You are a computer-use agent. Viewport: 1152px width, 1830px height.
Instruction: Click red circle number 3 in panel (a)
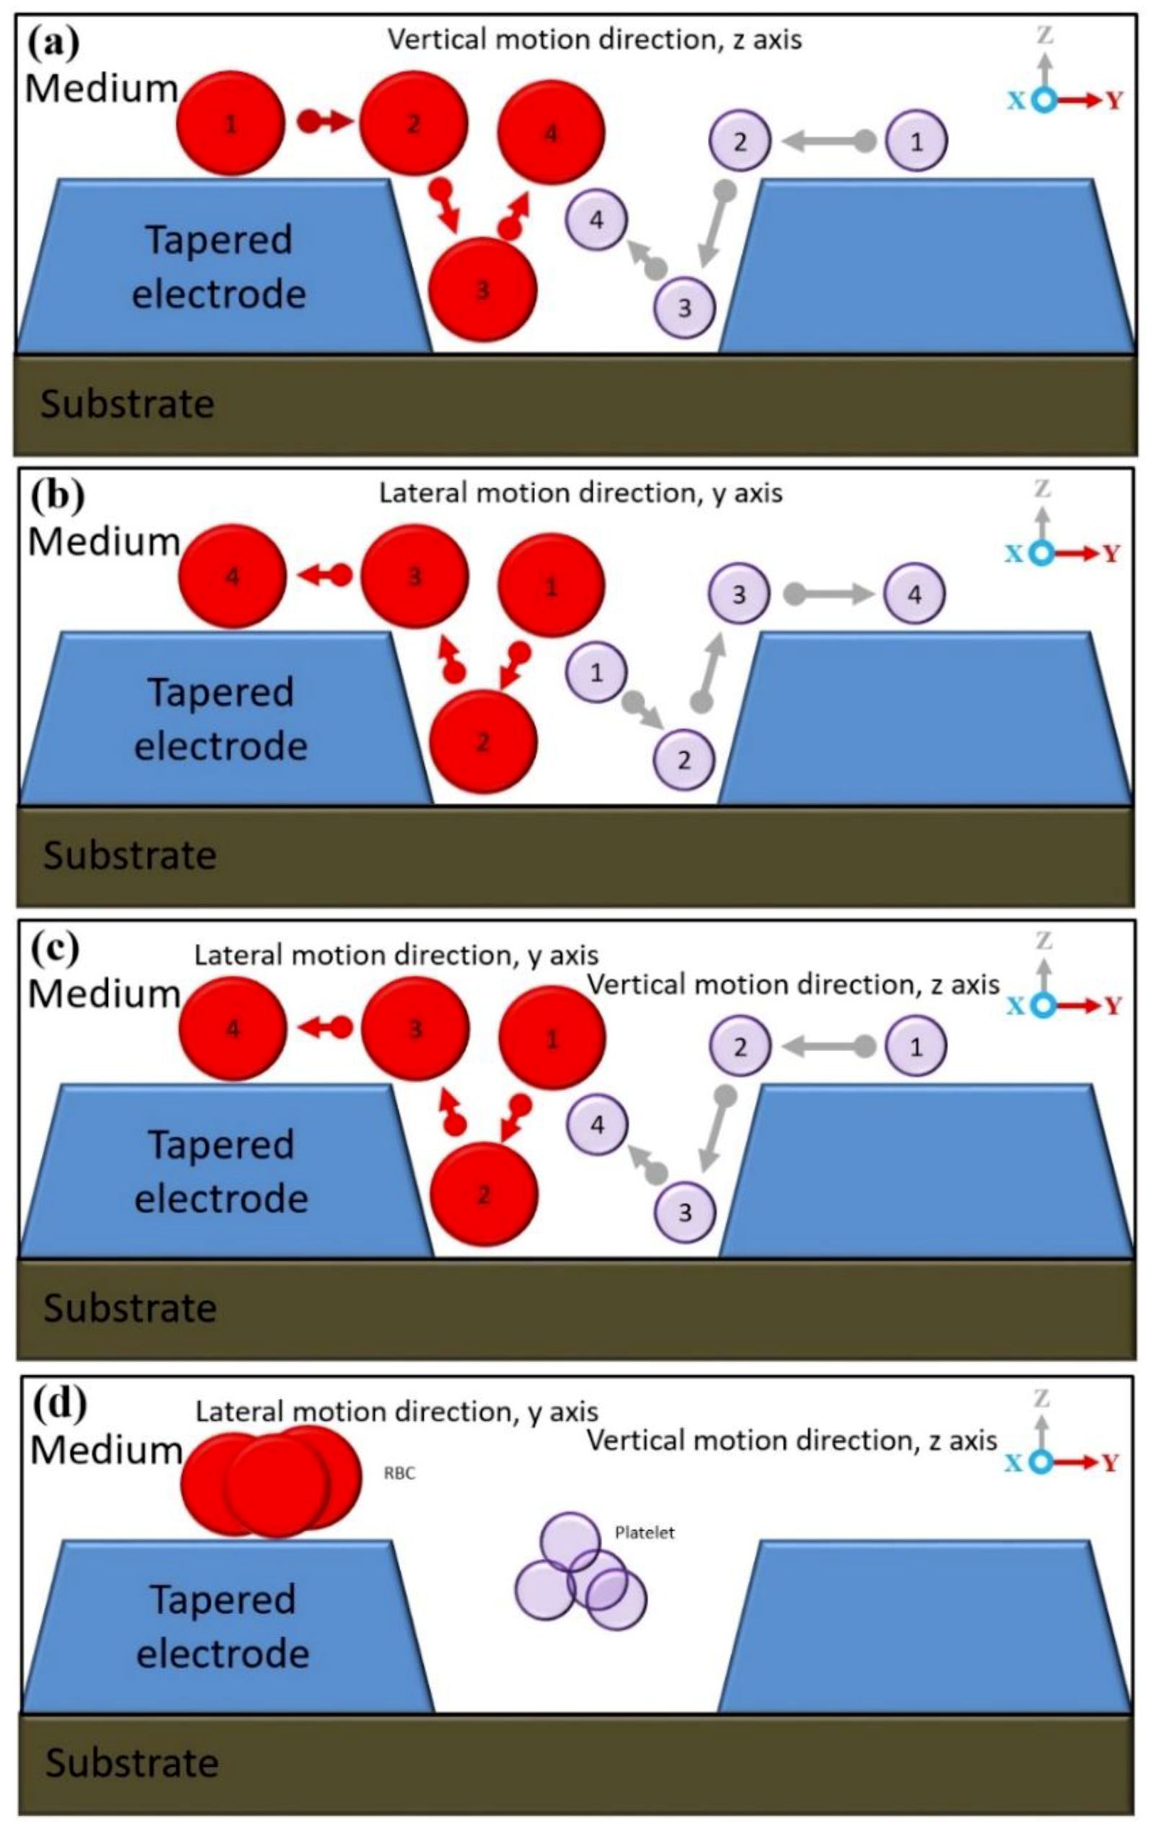482,290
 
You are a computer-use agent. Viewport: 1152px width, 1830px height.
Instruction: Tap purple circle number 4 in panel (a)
596,220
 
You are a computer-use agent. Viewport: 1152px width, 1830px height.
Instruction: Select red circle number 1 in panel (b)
551,586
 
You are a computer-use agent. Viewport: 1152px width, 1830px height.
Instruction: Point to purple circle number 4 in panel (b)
915,594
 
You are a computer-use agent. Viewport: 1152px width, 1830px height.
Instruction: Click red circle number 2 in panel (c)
484,1195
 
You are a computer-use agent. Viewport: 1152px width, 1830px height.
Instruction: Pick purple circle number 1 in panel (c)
916,1047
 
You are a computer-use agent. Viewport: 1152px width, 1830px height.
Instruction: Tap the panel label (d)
57,1404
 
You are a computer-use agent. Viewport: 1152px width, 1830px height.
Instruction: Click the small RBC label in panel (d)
399,1474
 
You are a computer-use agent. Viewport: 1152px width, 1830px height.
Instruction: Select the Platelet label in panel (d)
644,1532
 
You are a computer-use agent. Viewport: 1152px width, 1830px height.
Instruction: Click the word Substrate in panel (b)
130,856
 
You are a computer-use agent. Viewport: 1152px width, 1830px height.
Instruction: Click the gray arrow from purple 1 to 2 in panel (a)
827,141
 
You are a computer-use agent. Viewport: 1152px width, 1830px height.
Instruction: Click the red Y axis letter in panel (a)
1114,100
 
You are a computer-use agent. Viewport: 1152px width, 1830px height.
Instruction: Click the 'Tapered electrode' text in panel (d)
223,1627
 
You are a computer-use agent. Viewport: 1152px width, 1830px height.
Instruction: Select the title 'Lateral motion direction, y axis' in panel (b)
580,494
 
